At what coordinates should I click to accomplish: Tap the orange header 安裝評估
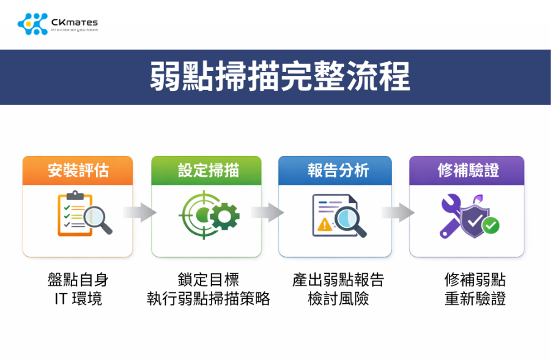pos(78,171)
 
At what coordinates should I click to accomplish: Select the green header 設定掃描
pos(206,171)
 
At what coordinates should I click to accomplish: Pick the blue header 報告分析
pos(335,171)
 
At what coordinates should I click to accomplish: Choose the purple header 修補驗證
pos(466,171)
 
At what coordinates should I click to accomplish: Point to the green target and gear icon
pos(209,214)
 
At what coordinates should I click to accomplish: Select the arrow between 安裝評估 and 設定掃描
pos(139,213)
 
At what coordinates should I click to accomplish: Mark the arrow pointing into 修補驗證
pos(398,213)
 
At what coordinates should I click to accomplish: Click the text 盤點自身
pos(78,280)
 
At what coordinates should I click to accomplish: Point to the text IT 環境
pos(78,299)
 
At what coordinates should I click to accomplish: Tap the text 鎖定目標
pos(209,280)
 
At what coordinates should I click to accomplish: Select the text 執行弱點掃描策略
pos(209,299)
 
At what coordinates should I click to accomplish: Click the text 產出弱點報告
pos(338,280)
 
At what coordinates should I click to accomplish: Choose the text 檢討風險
pos(338,299)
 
